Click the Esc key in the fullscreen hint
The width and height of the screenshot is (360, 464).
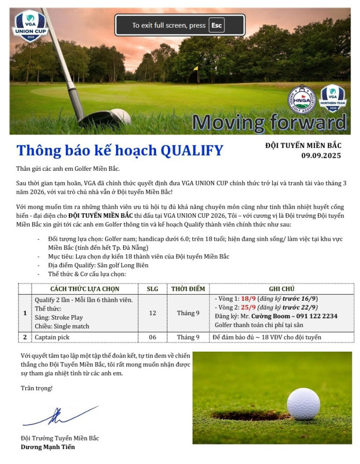click(x=216, y=25)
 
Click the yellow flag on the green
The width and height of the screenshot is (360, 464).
click(x=195, y=68)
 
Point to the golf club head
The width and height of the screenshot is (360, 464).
click(x=105, y=118)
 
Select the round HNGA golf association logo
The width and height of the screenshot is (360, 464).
click(x=302, y=100)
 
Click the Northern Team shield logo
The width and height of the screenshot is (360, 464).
click(x=332, y=98)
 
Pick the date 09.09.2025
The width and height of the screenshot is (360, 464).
click(x=321, y=156)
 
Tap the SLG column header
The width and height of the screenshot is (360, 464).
click(x=152, y=289)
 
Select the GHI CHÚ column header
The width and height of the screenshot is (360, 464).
click(x=281, y=289)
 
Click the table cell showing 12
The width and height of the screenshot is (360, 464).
click(x=152, y=313)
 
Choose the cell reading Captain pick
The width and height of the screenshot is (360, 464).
click(x=52, y=337)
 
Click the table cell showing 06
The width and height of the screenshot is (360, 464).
click(x=152, y=337)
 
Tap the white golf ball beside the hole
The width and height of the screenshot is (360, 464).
click(x=303, y=404)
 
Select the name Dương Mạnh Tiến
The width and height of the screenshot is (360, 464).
click(x=48, y=447)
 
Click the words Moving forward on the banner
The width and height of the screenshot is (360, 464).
click(x=269, y=122)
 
